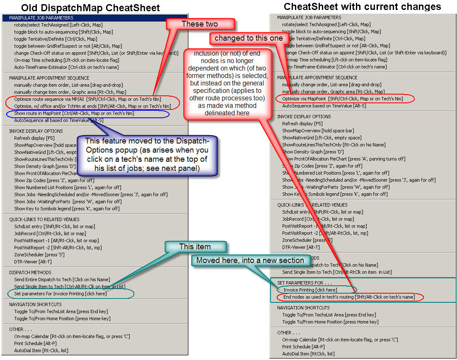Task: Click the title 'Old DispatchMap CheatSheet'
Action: click(90, 7)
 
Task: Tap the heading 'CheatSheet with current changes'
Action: click(362, 6)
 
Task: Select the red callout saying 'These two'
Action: click(199, 24)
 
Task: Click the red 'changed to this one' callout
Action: click(249, 38)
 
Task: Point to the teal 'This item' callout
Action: click(195, 247)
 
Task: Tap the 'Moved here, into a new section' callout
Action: click(250, 260)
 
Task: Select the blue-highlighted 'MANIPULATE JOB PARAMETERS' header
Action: click(41, 18)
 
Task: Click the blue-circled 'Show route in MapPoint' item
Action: click(74, 113)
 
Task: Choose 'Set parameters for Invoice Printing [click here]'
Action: click(60, 294)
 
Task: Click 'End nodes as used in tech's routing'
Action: click(348, 297)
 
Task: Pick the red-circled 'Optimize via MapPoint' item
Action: click(342, 99)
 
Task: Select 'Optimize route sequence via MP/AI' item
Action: click(87, 99)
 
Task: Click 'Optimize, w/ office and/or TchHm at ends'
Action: click(92, 106)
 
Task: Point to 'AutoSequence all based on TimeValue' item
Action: click(58, 120)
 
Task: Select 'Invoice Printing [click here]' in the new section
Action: click(310, 290)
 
